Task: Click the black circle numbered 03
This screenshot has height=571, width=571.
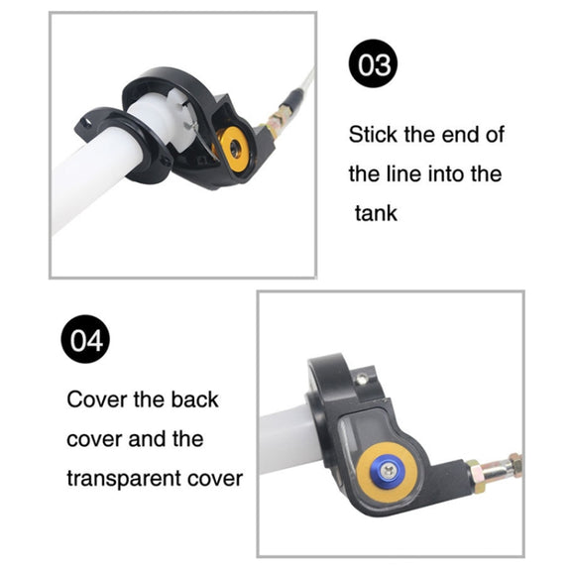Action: [x=373, y=63]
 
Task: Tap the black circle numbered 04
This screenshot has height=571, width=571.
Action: [x=85, y=339]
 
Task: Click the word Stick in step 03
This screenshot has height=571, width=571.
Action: [x=373, y=135]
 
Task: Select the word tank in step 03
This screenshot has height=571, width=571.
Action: [x=376, y=213]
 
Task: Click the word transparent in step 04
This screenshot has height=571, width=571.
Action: [x=124, y=479]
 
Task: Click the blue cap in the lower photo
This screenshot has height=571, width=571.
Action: [x=386, y=472]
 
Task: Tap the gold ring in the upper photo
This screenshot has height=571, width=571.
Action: [x=233, y=147]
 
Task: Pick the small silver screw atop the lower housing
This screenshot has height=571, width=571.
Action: [x=362, y=380]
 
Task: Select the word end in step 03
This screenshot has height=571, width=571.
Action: [x=458, y=135]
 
